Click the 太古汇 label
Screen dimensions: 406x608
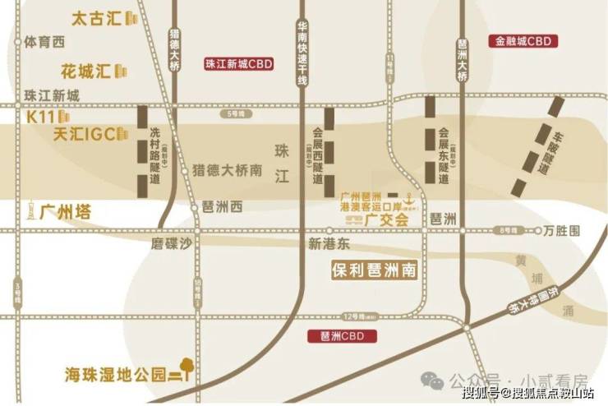point(96,17)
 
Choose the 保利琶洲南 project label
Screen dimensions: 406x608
point(375,270)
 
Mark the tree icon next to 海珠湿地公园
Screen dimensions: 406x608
point(187,367)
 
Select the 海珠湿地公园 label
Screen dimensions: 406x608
point(115,374)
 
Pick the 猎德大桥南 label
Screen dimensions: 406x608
point(227,171)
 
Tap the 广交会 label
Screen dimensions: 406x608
point(389,219)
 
